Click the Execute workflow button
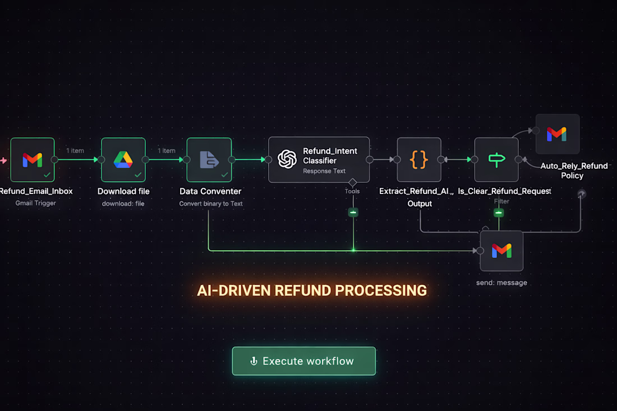(x=303, y=361)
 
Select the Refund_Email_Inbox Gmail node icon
(x=33, y=160)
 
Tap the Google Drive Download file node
(x=123, y=160)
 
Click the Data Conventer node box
(x=209, y=160)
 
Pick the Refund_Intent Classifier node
(x=319, y=160)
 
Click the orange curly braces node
(x=419, y=160)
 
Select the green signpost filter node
(x=496, y=160)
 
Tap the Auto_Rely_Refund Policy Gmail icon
(x=557, y=134)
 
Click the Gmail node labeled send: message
(x=501, y=251)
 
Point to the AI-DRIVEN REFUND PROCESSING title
(x=312, y=290)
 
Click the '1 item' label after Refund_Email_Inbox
(x=75, y=151)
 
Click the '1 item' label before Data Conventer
(x=166, y=151)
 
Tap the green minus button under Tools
(x=353, y=212)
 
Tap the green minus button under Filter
(x=499, y=213)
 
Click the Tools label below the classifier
(x=352, y=191)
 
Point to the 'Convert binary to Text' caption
(x=211, y=204)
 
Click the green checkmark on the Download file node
(x=138, y=174)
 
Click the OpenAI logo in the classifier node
(x=287, y=159)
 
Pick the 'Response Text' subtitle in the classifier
(x=324, y=171)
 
